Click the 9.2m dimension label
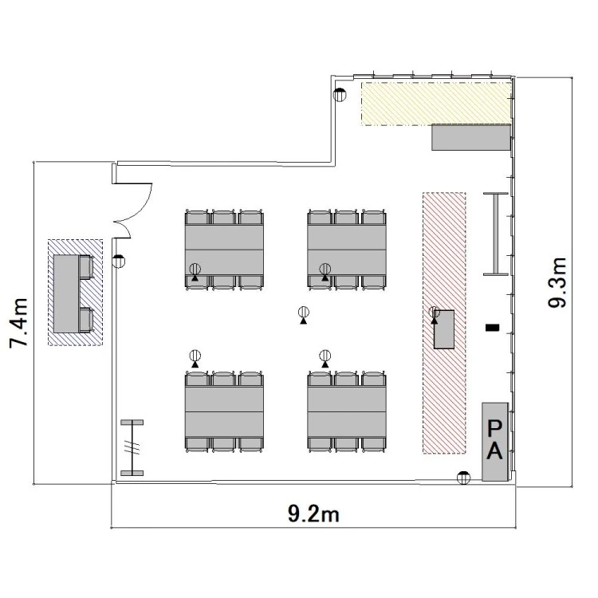coord(313,514)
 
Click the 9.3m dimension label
coord(557,282)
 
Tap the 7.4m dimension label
coord(19,323)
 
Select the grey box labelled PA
coord(494,442)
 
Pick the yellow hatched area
coord(436,104)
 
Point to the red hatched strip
coord(444,323)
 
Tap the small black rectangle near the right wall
coord(493,327)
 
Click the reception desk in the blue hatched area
coord(66,293)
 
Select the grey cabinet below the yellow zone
coord(471,137)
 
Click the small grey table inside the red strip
coord(444,329)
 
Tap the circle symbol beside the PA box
coord(464,478)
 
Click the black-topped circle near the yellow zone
coord(340,94)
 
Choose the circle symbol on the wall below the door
coord(119,262)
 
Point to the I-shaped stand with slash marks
coord(132,448)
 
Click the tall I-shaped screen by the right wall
coord(496,234)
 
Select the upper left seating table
coord(224,250)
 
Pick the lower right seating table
coord(347,411)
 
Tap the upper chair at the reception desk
coord(87,267)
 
